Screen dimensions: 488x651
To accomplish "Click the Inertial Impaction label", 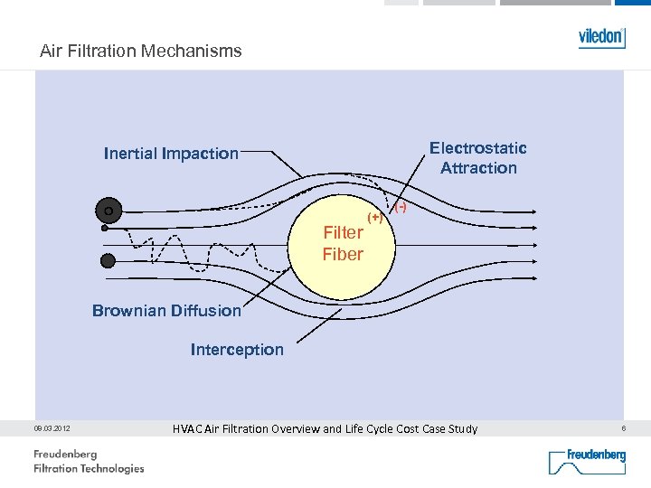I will coord(171,154).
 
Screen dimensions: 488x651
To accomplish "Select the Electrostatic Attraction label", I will coord(477,158).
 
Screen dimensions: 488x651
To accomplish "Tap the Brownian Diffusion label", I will coord(166,311).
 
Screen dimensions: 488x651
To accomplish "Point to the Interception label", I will coord(237,350).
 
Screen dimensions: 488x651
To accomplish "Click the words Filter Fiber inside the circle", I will coord(343,243).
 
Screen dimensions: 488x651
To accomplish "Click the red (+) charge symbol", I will coord(374,218).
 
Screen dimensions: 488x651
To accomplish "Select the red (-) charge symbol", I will coord(400,208).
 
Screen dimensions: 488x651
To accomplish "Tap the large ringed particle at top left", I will coord(108,211).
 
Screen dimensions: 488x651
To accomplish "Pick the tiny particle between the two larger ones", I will coord(104,230).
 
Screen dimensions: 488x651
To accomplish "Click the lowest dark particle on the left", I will coord(108,260).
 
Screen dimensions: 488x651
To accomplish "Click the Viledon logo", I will coord(601,37).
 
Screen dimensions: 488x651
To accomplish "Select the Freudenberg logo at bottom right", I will coord(587,461).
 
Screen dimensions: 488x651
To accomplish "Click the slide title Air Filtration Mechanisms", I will coord(141,52).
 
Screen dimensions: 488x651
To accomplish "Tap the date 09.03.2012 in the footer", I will coord(53,428).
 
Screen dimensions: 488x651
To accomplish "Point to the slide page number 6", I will coord(622,427).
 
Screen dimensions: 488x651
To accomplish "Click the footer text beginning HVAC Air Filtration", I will coord(325,428).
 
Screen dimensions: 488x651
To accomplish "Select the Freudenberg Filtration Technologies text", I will coord(89,461).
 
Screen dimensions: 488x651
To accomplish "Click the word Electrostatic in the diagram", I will coord(477,148).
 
